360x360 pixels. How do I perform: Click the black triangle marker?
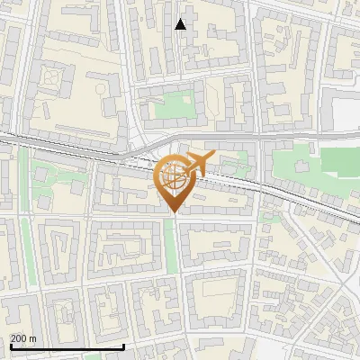(181, 24)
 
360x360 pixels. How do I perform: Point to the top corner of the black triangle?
(181, 18)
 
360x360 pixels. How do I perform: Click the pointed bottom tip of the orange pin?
(173, 212)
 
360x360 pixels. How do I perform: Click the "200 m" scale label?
(23, 338)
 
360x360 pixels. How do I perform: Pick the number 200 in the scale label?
(19, 338)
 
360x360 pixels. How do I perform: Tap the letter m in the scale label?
(32, 338)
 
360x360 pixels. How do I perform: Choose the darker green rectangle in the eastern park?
(340, 160)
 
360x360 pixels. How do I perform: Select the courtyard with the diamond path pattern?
(54, 83)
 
